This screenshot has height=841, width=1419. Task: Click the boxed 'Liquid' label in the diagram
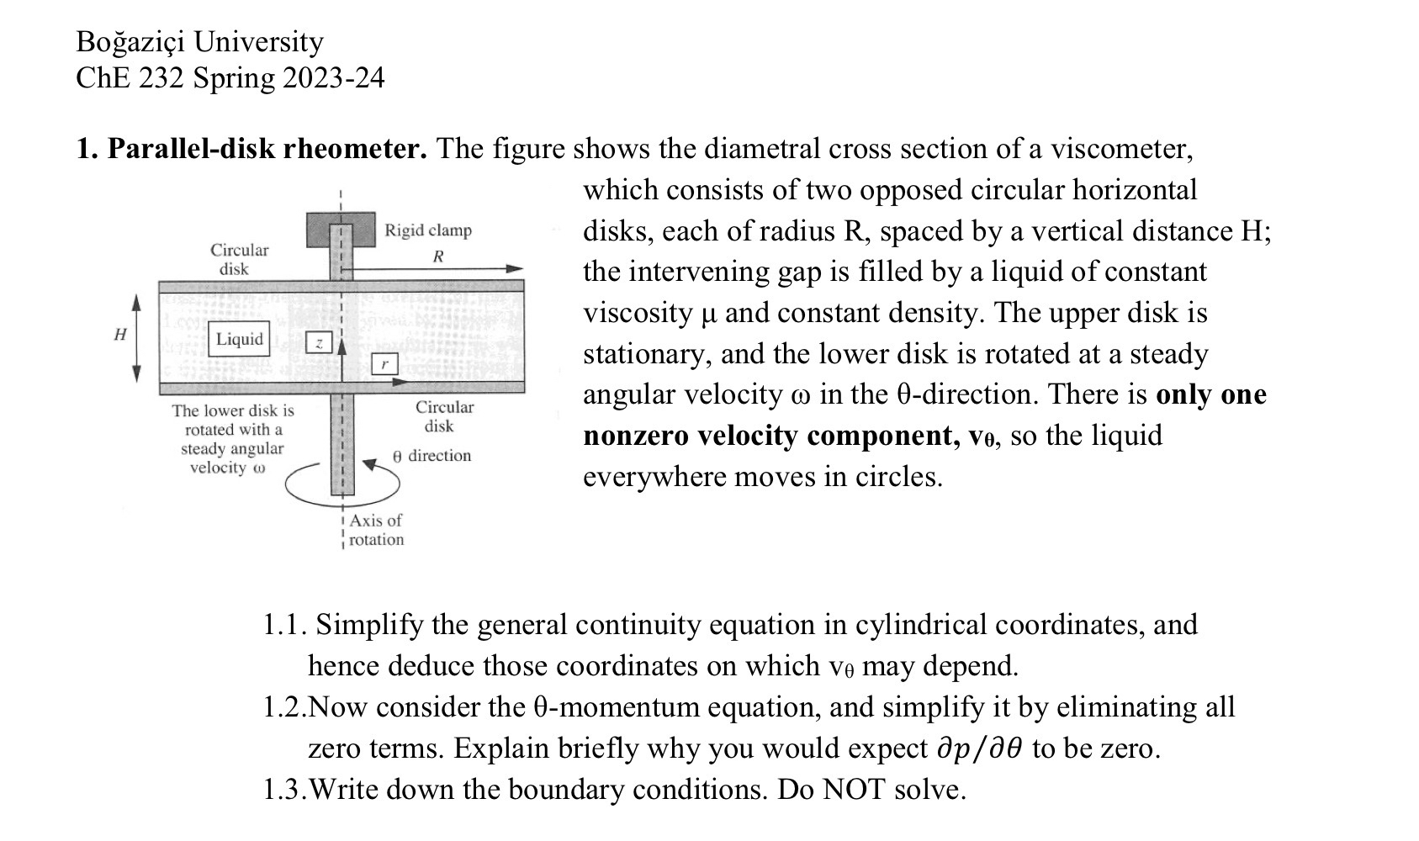tap(240, 339)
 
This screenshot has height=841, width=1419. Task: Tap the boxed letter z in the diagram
tap(319, 342)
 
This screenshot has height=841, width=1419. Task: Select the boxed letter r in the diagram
tap(384, 364)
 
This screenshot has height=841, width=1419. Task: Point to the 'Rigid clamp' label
tap(428, 230)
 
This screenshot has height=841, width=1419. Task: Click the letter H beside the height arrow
tap(120, 335)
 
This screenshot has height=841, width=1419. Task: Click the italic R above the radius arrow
tap(438, 257)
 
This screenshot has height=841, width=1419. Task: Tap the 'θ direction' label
tap(432, 456)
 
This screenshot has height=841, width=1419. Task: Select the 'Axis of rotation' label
tap(375, 530)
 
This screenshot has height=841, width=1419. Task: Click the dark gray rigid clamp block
tap(341, 230)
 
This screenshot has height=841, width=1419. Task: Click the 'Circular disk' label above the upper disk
tap(239, 259)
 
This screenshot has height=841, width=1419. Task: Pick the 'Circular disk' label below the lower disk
tap(443, 416)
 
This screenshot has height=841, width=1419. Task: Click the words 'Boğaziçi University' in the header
tap(199, 42)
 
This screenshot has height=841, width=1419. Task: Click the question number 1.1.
tap(283, 625)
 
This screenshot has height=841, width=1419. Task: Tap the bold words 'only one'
tap(1210, 394)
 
